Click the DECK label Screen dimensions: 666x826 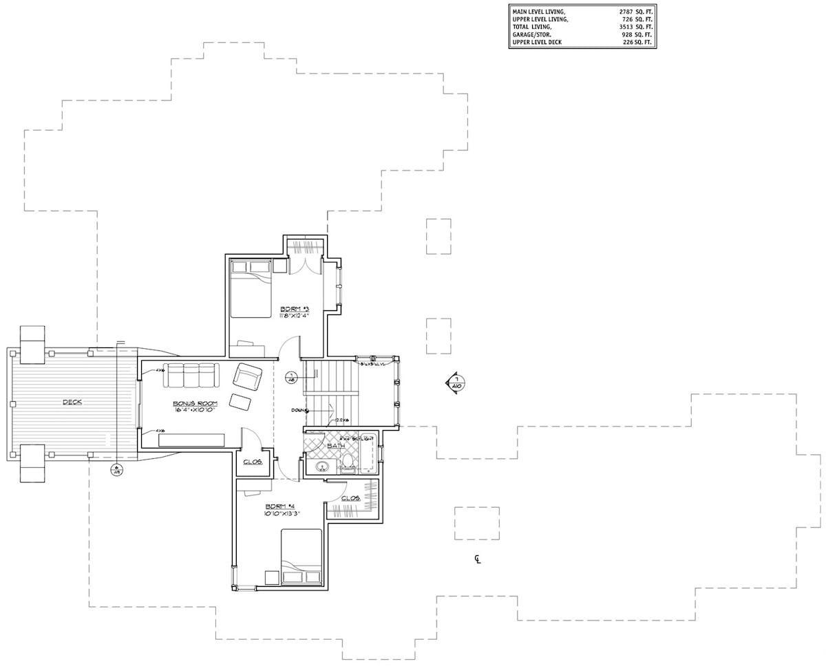72,402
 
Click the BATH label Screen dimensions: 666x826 335,446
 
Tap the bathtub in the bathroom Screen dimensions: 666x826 368,453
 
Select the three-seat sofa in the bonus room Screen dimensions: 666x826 191,375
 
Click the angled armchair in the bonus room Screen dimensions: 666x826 248,377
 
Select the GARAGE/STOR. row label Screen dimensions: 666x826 531,33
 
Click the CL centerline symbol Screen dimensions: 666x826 477,559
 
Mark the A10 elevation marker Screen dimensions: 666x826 456,382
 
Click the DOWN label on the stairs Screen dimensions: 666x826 297,410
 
